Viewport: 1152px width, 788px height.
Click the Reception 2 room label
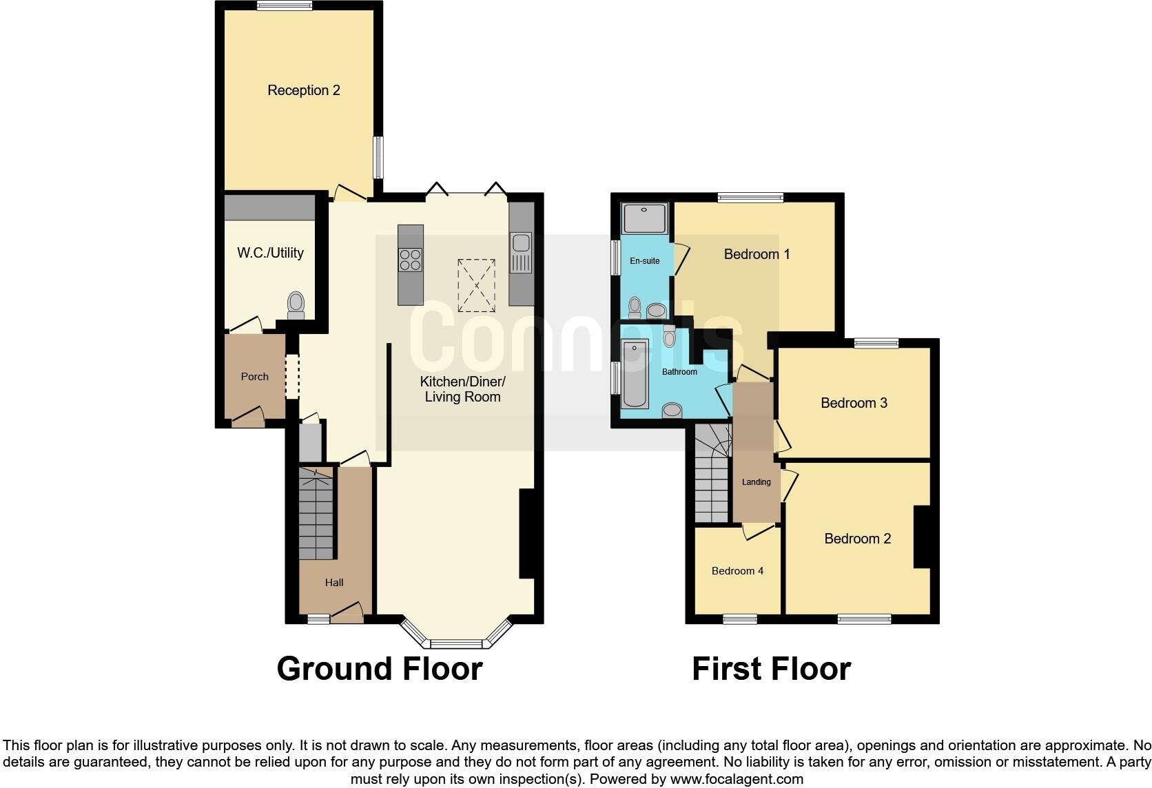(x=303, y=90)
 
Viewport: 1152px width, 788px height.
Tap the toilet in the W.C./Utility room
(x=296, y=305)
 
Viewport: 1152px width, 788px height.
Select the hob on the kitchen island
(x=410, y=259)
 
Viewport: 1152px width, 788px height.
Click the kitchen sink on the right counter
(x=521, y=243)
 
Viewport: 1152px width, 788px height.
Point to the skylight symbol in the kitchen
(x=476, y=285)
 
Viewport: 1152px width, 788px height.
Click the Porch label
(x=254, y=377)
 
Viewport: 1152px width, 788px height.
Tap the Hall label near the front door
(x=334, y=583)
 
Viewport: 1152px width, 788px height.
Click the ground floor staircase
(x=316, y=513)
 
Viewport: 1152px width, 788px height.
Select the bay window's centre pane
(x=456, y=644)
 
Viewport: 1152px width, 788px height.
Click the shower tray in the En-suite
(x=645, y=218)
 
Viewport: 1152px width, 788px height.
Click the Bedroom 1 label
(x=757, y=254)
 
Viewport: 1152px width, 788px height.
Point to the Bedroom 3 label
(x=854, y=403)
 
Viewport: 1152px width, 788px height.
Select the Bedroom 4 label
(x=737, y=571)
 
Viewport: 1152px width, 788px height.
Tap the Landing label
(x=756, y=482)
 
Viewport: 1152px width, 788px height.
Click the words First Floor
(x=771, y=669)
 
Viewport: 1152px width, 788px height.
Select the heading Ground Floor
(x=379, y=669)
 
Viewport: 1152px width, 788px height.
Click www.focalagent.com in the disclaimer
(x=737, y=780)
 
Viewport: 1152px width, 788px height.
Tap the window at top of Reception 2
(x=284, y=6)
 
